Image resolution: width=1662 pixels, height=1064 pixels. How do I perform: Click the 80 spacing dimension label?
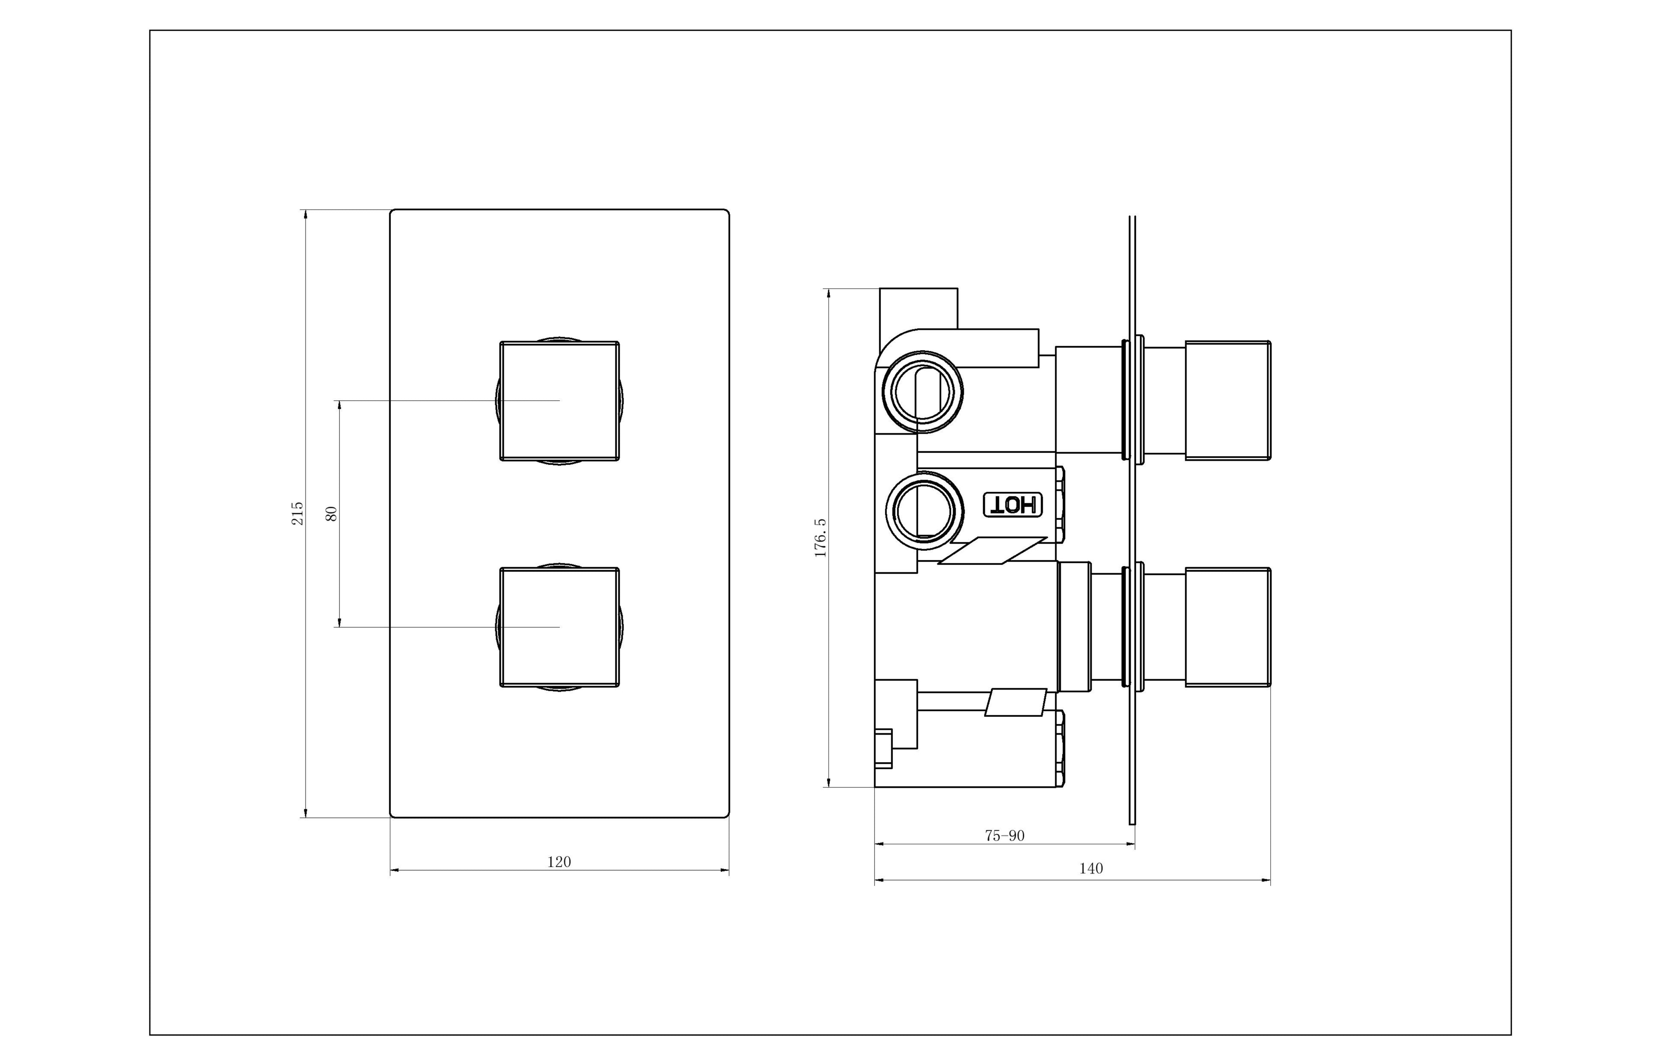[332, 513]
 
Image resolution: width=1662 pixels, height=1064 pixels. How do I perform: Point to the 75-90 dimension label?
[1005, 835]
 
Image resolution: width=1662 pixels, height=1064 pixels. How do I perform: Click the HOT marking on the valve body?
[1013, 505]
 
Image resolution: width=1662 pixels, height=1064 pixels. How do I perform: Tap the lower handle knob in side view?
[1227, 627]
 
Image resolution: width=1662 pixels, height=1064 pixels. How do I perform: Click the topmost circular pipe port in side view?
[924, 392]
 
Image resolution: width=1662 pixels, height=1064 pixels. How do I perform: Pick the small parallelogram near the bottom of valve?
[1015, 702]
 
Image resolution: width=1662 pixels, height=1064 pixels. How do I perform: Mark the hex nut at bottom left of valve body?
[883, 748]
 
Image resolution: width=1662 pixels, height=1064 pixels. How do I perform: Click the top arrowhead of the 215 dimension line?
[305, 213]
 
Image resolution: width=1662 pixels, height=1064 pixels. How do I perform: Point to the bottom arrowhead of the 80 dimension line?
[339, 623]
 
